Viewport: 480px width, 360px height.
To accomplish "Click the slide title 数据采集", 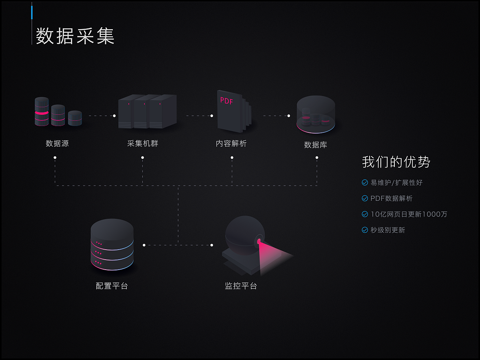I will pyautogui.click(x=75, y=36).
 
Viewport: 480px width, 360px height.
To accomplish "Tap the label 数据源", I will pyautogui.click(x=57, y=143).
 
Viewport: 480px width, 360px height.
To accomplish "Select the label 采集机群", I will pyautogui.click(x=143, y=143).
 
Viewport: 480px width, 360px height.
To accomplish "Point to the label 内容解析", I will pyautogui.click(x=231, y=143).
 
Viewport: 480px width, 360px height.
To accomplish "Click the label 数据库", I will pyautogui.click(x=316, y=145).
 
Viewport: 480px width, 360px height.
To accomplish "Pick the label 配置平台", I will pyautogui.click(x=112, y=286).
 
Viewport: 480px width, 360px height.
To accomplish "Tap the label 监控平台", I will pyautogui.click(x=241, y=286).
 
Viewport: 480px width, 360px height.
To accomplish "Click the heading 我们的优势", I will pyautogui.click(x=396, y=162).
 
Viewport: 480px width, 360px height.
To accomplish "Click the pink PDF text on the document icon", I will pyautogui.click(x=226, y=101).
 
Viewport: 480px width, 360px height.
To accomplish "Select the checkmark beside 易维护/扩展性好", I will pyautogui.click(x=365, y=182).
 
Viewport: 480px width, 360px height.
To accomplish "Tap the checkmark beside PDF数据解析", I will pyautogui.click(x=365, y=198).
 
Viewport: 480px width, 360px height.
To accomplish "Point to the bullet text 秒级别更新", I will pyautogui.click(x=388, y=230).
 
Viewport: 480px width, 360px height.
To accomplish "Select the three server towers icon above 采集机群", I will pyautogui.click(x=147, y=112).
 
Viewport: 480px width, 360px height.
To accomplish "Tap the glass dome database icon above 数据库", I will pyautogui.click(x=316, y=114).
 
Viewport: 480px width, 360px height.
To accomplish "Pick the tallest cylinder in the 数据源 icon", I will pyautogui.click(x=42, y=112).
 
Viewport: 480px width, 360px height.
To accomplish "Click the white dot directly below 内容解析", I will pyautogui.click(x=232, y=158).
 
